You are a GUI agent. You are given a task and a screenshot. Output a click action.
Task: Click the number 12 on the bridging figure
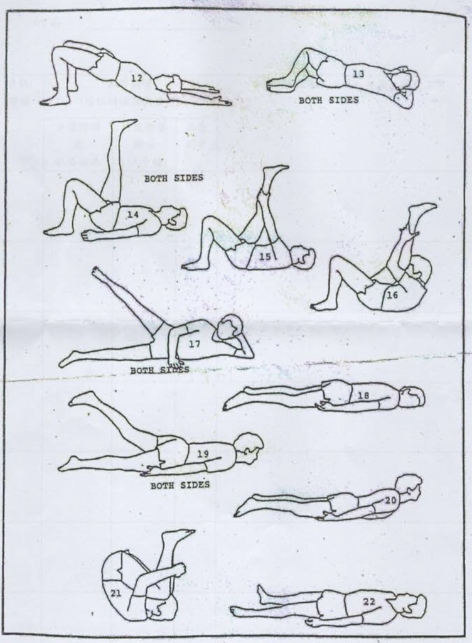(x=136, y=78)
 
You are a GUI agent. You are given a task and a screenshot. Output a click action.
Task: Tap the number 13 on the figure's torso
(x=358, y=74)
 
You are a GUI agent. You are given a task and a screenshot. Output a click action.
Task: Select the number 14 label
(x=132, y=215)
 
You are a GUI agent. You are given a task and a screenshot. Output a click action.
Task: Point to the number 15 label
(x=265, y=256)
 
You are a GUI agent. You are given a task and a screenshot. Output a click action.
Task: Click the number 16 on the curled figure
(x=392, y=294)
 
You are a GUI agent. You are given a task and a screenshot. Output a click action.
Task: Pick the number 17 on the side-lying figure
(x=194, y=343)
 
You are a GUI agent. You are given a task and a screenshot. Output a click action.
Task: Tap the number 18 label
(x=363, y=396)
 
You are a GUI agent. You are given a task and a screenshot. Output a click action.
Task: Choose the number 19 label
(x=203, y=454)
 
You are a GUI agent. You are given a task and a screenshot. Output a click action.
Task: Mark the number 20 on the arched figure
(x=390, y=500)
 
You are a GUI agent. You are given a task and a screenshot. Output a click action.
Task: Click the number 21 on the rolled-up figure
(x=116, y=593)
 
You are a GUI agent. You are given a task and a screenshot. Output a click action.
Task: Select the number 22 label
(x=369, y=602)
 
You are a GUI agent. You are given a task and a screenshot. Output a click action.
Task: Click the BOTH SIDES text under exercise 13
(x=329, y=100)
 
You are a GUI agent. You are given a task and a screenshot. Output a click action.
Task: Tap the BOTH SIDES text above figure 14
(x=174, y=178)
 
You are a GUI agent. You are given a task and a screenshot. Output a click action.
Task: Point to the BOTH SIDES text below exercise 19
(x=180, y=485)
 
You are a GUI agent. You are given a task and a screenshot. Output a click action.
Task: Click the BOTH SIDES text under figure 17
(x=160, y=370)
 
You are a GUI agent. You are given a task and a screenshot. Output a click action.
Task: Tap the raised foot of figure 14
(x=124, y=124)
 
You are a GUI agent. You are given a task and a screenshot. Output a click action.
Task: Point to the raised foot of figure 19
(x=83, y=398)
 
